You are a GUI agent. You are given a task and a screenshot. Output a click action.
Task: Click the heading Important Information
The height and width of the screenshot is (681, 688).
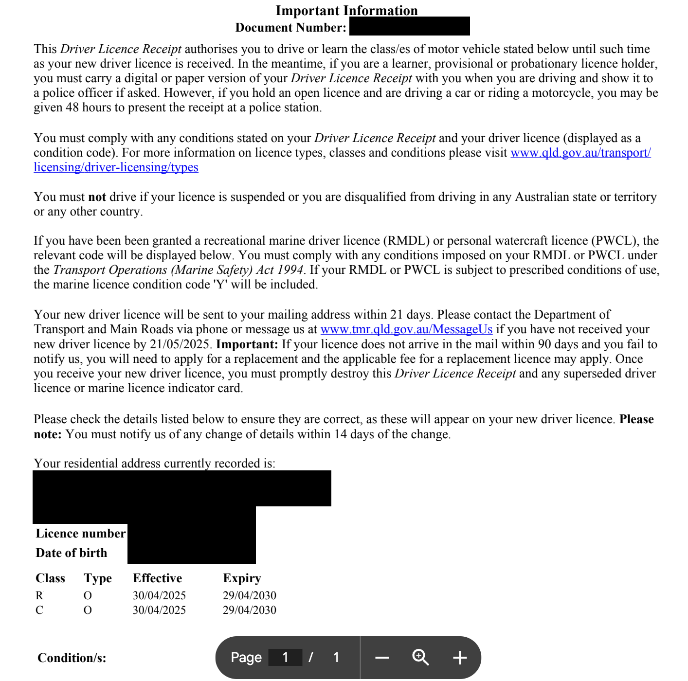click(346, 11)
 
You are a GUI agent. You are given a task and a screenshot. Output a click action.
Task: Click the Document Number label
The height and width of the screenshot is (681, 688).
click(290, 28)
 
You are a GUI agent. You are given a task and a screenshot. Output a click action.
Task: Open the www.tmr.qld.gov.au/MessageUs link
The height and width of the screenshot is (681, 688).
click(406, 329)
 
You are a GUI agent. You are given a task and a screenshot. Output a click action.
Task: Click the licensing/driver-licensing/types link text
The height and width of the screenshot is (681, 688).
click(116, 167)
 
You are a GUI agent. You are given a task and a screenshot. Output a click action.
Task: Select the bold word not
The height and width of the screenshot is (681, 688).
click(97, 197)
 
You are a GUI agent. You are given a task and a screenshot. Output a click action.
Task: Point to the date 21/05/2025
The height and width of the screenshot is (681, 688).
click(180, 344)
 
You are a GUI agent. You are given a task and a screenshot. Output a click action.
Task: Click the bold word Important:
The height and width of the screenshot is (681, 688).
click(247, 344)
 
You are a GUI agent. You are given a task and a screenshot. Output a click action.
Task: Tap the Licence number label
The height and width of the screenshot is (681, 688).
click(80, 534)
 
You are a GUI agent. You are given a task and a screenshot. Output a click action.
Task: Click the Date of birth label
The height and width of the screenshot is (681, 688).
click(71, 553)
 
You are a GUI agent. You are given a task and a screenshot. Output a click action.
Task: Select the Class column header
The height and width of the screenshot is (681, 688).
click(50, 578)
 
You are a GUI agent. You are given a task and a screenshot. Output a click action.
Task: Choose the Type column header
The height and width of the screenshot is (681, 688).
click(97, 578)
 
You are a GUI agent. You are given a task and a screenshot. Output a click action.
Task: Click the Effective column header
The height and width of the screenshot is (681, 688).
click(157, 578)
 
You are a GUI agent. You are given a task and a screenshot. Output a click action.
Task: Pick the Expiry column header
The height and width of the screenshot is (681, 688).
click(242, 578)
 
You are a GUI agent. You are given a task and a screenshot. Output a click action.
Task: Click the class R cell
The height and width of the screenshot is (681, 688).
click(39, 596)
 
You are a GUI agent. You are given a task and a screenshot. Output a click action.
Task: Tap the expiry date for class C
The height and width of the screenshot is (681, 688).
click(249, 610)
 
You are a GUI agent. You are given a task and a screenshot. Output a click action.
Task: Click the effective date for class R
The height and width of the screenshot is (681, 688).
click(159, 596)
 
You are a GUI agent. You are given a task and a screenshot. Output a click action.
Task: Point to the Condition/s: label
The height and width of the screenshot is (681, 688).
click(72, 658)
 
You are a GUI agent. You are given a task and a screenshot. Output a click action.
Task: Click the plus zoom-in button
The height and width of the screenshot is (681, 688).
click(459, 658)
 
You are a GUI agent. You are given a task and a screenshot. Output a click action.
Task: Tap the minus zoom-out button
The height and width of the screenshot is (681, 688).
click(382, 658)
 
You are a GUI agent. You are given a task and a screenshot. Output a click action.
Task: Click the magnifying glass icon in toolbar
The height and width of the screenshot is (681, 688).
click(420, 658)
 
